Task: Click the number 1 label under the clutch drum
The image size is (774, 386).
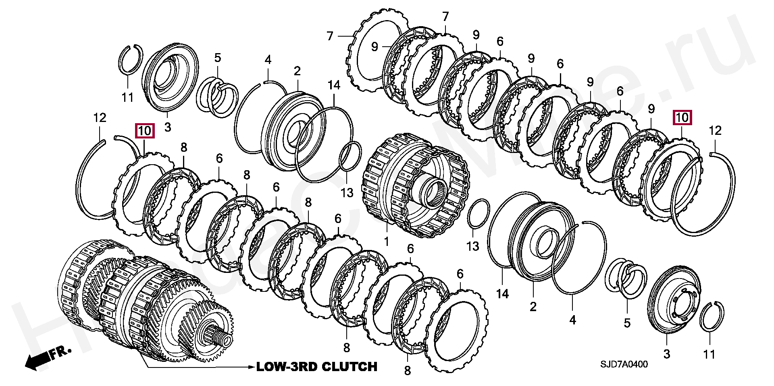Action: [387, 242]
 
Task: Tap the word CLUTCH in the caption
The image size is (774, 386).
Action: [350, 367]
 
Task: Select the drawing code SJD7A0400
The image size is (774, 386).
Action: [624, 364]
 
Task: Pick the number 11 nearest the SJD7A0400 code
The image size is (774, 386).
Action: [709, 354]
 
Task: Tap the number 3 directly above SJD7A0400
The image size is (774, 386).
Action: [667, 354]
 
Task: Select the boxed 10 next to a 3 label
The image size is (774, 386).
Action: [144, 131]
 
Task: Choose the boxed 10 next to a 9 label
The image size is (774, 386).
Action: [682, 118]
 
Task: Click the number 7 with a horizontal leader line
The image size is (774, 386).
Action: [330, 36]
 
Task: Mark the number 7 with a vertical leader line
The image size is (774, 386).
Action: [445, 17]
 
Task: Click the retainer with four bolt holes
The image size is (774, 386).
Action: [674, 300]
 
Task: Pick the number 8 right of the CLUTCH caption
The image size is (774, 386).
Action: [408, 370]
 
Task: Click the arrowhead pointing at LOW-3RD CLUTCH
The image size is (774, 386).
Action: [251, 367]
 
